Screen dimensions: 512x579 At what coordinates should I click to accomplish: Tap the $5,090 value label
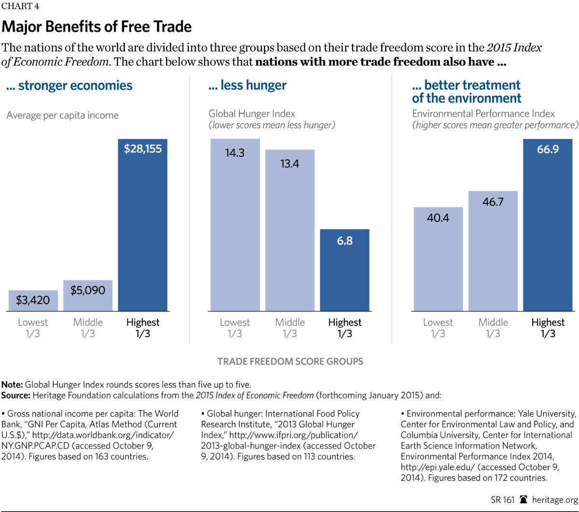pos(88,291)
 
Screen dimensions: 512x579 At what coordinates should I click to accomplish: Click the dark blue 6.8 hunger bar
pos(345,269)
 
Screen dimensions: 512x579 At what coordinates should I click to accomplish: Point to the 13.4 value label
pos(289,164)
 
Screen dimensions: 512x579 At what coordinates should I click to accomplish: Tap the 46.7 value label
pos(493,202)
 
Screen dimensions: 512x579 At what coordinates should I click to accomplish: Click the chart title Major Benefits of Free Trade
pos(96,27)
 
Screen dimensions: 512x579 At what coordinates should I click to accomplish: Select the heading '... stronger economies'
pos(69,86)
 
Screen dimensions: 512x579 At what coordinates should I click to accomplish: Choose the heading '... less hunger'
pos(247,86)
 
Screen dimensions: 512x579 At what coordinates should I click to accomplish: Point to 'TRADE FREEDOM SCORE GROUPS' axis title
pos(290,361)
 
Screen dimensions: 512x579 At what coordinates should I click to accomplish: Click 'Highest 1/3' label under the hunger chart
pos(345,328)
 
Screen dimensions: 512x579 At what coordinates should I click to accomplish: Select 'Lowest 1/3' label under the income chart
pos(33,328)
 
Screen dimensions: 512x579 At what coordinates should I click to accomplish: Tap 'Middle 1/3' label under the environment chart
pos(493,328)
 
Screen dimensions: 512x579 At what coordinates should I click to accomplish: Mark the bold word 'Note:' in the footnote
pos(12,385)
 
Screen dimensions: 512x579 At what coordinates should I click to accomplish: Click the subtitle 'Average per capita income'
pos(62,116)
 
